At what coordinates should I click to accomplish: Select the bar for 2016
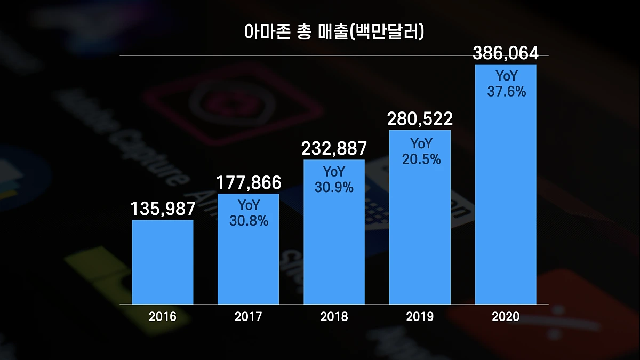tap(163, 262)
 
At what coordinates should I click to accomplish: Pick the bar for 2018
tap(334, 240)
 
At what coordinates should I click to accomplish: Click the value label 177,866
tap(249, 182)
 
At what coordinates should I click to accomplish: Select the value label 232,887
tap(334, 149)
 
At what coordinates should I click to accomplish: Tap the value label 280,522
tap(420, 119)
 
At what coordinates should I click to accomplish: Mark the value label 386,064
tap(506, 53)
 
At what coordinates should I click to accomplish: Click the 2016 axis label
tap(163, 317)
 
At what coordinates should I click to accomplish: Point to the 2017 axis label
tap(249, 317)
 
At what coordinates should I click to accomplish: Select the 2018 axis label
tap(334, 317)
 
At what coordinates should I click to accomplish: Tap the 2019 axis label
tap(420, 317)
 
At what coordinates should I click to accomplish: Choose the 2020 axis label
tap(506, 317)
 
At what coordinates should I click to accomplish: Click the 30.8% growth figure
tap(249, 221)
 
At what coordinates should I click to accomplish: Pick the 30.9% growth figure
tap(334, 188)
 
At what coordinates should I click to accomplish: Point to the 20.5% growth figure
tap(420, 159)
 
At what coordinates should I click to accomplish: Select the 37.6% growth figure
tap(506, 92)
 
